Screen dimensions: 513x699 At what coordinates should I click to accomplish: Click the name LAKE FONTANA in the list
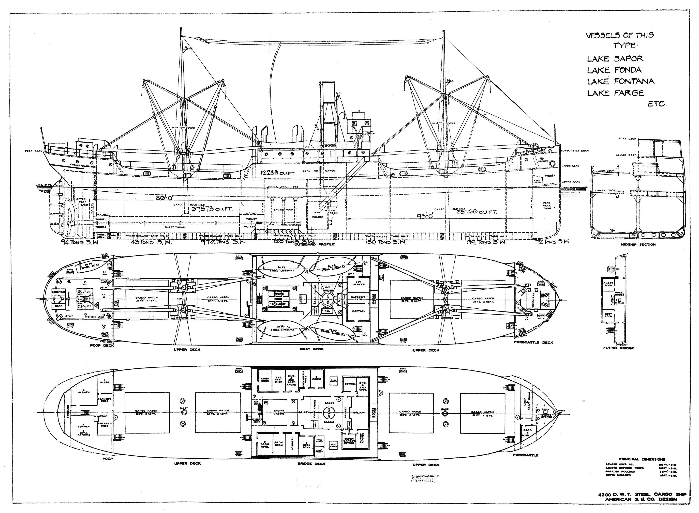click(620, 81)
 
